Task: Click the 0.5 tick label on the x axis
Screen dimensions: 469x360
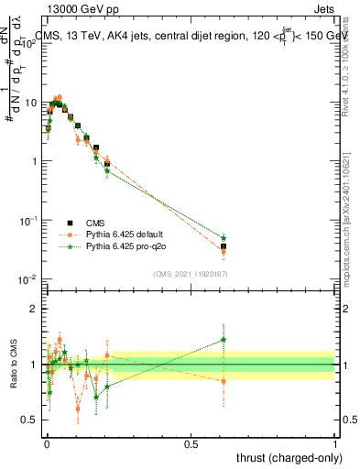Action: (191, 442)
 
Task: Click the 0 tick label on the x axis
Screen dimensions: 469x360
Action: (46, 442)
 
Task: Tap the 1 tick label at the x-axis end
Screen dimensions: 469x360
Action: (335, 442)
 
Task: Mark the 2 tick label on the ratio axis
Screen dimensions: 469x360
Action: (35, 309)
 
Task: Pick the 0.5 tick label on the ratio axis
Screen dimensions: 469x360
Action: (30, 420)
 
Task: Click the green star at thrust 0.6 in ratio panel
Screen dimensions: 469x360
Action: (223, 340)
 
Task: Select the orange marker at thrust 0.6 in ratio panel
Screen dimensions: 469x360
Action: (223, 381)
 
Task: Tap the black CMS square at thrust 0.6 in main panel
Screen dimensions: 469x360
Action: (223, 246)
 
